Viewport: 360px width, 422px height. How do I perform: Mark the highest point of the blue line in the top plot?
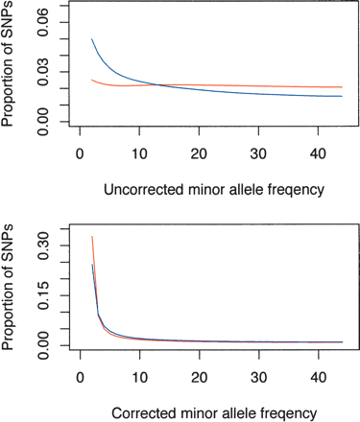pos(91,39)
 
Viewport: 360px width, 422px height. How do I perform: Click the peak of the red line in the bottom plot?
pos(91,236)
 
